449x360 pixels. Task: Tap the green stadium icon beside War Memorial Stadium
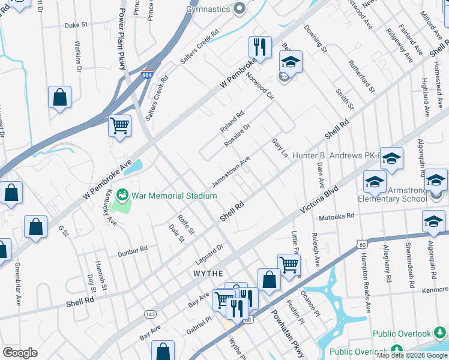123,195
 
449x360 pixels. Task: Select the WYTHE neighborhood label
208,273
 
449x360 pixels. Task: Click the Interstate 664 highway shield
147,74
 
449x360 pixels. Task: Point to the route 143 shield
150,314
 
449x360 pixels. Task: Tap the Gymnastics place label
208,9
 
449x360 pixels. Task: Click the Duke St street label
76,25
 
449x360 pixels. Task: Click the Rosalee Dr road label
237,135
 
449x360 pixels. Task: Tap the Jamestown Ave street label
231,172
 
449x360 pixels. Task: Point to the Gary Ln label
280,148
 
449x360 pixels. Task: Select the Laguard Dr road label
209,254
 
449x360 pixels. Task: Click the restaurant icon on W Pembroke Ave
260,46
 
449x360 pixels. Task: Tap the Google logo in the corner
20,353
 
